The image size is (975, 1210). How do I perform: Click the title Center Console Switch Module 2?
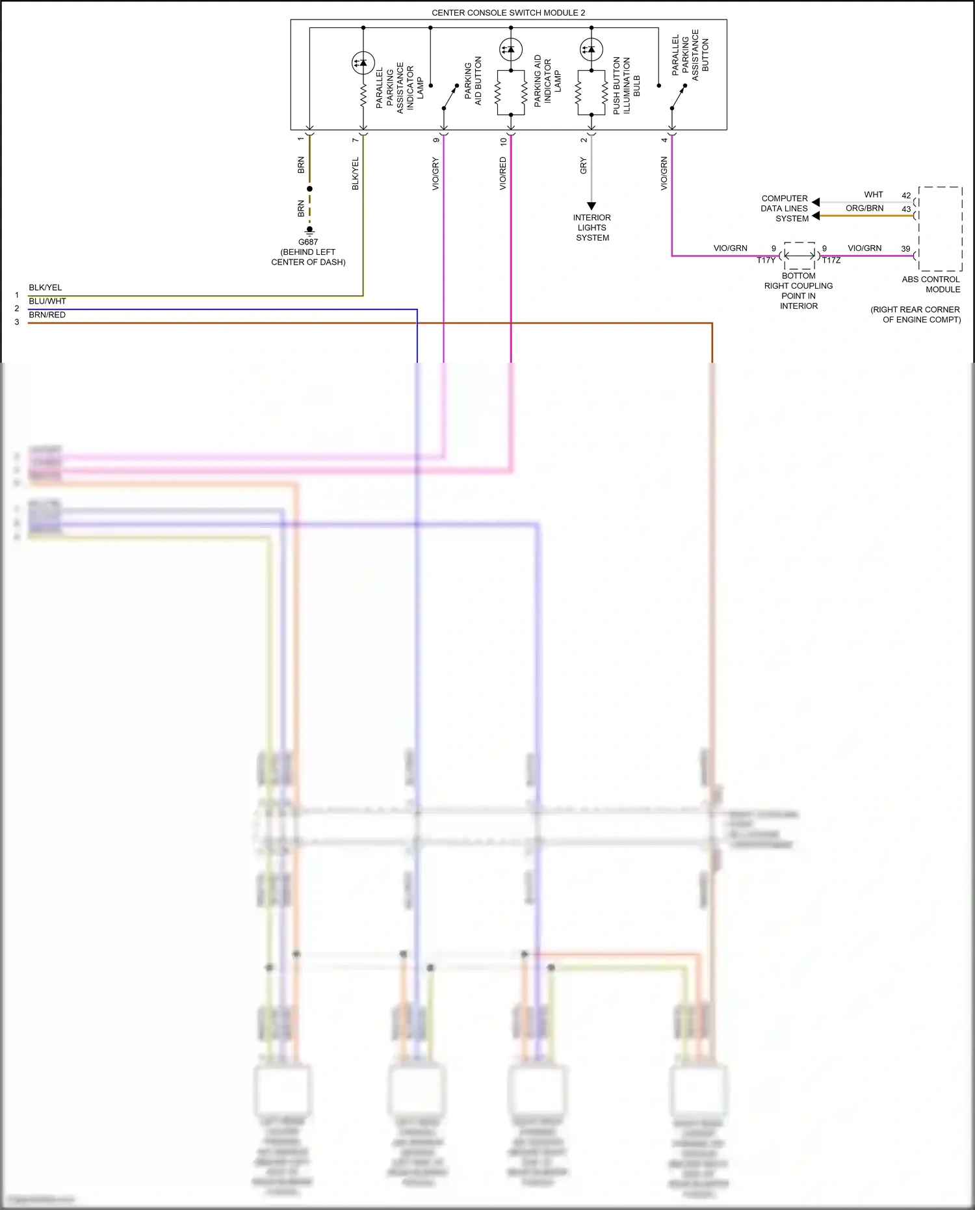pyautogui.click(x=508, y=12)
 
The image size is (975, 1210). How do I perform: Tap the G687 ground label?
pyautogui.click(x=308, y=242)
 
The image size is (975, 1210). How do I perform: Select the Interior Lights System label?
pyautogui.click(x=592, y=228)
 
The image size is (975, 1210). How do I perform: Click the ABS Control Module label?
pyautogui.click(x=930, y=284)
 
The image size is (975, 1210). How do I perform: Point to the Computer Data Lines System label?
pyautogui.click(x=785, y=209)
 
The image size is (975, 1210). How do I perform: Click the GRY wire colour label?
pyautogui.click(x=584, y=166)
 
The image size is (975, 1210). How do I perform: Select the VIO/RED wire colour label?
pyautogui.click(x=503, y=174)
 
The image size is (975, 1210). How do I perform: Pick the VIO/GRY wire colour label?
pyautogui.click(x=435, y=174)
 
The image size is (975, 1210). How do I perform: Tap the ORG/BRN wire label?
pyautogui.click(x=864, y=208)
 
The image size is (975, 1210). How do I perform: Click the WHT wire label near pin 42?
pyautogui.click(x=874, y=194)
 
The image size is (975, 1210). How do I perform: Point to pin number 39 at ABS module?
pyautogui.click(x=905, y=248)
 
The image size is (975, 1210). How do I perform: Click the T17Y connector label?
pyautogui.click(x=766, y=260)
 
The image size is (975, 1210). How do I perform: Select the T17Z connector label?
pyautogui.click(x=831, y=260)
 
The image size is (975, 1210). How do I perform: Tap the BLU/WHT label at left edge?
pyautogui.click(x=47, y=301)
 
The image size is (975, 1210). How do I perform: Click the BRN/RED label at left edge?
pyautogui.click(x=47, y=315)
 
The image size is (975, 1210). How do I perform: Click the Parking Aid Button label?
pyautogui.click(x=473, y=81)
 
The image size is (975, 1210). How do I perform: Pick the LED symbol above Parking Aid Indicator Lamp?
pyautogui.click(x=511, y=49)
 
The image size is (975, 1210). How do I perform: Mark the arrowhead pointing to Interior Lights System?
pyautogui.click(x=591, y=206)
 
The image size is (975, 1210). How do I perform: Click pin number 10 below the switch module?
pyautogui.click(x=503, y=140)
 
